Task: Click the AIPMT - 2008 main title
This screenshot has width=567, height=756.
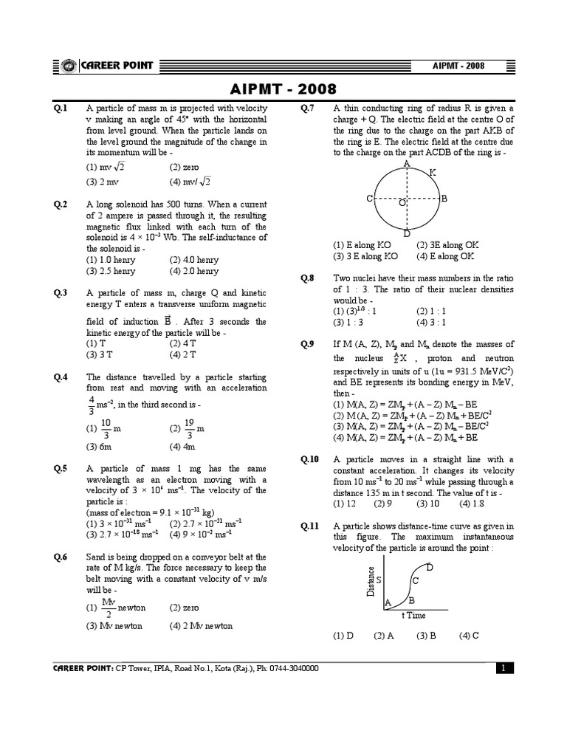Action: click(x=283, y=89)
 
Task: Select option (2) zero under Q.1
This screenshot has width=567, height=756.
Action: click(x=184, y=167)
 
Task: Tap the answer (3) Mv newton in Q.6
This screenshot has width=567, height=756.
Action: click(x=114, y=625)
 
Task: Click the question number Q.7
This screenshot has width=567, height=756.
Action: click(x=308, y=109)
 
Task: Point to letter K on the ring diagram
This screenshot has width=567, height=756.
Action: click(x=432, y=172)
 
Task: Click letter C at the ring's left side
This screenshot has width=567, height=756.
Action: click(x=369, y=199)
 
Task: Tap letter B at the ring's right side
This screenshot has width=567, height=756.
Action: click(x=444, y=199)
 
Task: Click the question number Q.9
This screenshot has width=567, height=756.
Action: click(x=308, y=344)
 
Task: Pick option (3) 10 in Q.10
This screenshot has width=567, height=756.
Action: click(x=427, y=504)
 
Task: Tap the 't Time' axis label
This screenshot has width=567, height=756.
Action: click(x=413, y=615)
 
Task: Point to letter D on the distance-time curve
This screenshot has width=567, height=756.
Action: click(x=430, y=566)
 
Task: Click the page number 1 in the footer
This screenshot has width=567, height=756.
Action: click(x=503, y=668)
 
